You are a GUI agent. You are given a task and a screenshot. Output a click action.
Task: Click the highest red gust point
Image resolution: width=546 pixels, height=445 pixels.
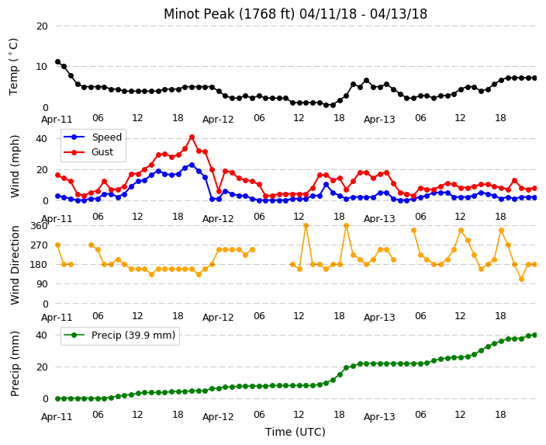point(192,137)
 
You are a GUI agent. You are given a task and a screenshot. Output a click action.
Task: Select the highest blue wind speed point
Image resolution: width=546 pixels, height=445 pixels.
point(192,165)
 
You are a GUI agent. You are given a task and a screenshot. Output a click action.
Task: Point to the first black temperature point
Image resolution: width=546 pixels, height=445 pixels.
point(58,61)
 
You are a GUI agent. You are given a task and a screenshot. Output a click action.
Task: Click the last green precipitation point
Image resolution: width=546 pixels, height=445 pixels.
point(535,335)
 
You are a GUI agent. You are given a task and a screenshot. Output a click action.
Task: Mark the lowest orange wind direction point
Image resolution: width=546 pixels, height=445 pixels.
point(521,280)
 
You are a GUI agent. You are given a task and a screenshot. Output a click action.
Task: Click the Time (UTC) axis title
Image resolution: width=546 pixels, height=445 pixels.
point(295,432)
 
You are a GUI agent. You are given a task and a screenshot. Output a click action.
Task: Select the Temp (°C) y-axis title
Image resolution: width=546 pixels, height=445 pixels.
point(14,67)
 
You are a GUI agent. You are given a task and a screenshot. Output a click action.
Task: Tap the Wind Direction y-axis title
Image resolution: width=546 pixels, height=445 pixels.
point(15,265)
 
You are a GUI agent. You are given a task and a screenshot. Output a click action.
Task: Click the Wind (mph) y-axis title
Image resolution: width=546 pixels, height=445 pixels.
point(15,166)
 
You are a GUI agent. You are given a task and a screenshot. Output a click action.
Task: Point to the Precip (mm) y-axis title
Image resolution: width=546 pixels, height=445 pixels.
point(15,363)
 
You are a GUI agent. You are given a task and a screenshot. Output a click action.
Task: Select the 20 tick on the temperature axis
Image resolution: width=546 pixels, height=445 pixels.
point(42,26)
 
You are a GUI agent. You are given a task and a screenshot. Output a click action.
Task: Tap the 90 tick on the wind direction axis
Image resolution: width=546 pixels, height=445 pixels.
point(42,284)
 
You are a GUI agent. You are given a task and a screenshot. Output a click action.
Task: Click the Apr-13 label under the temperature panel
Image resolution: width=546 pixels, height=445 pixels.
point(379,120)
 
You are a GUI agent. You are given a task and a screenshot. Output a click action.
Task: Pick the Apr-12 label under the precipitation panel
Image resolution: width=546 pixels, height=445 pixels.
point(218,417)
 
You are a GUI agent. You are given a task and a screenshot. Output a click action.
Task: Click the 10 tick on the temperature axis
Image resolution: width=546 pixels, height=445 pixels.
point(42,66)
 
